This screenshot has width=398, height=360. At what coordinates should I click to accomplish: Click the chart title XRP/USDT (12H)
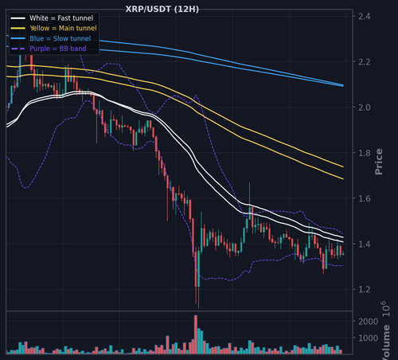[x=162, y=10]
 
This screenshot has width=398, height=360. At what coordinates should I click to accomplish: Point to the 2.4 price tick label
[x=365, y=17]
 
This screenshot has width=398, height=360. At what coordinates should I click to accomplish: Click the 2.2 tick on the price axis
[x=365, y=62]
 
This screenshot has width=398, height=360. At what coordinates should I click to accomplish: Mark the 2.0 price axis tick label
[x=365, y=108]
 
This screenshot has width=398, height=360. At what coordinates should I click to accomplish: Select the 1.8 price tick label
[x=365, y=153]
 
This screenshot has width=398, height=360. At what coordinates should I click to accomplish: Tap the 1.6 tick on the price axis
[x=365, y=198]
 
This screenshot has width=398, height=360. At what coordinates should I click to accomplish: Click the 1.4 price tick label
[x=365, y=244]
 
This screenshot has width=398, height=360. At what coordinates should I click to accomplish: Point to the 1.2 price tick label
[x=365, y=289]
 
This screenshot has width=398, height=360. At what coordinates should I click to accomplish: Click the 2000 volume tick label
[x=369, y=322]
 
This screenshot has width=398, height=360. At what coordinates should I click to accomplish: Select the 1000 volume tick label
[x=369, y=338]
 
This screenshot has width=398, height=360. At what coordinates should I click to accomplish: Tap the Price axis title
[x=379, y=162]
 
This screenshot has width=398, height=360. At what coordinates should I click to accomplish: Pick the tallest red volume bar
[x=196, y=335]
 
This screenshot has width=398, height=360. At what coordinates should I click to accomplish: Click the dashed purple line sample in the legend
[x=18, y=49]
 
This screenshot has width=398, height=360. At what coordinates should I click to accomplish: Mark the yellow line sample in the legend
[x=18, y=28]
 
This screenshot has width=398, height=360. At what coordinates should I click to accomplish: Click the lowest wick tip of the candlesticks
[x=198, y=308]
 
